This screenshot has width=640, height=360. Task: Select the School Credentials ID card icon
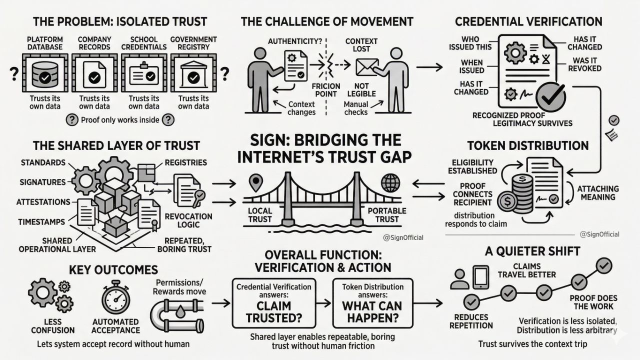pyautogui.click(x=143, y=75)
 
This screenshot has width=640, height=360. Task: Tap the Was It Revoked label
pyautogui.click(x=584, y=63)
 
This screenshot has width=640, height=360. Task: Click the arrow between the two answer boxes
pyautogui.click(x=324, y=302)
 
